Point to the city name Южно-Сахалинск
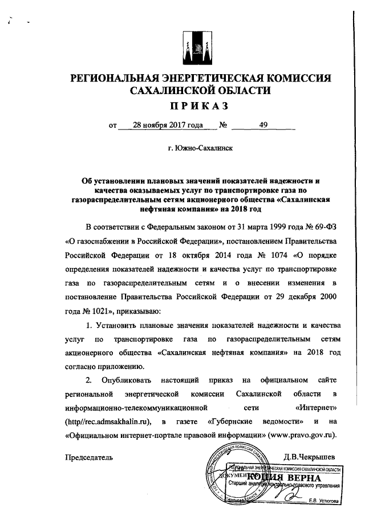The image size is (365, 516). pyautogui.click(x=200, y=148)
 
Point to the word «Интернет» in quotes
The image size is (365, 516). pyautogui.click(x=317, y=408)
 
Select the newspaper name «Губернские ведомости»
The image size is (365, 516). pyautogui.click(x=248, y=422)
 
